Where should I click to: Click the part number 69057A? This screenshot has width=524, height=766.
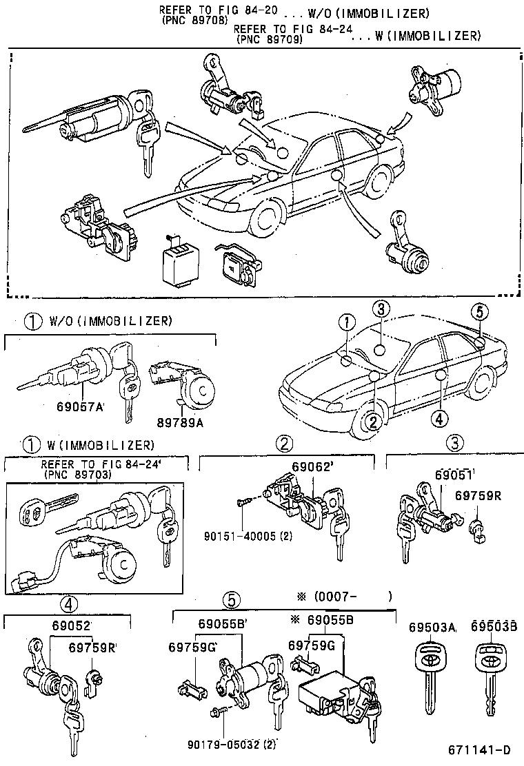click(80, 406)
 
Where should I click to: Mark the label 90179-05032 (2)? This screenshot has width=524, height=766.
click(232, 744)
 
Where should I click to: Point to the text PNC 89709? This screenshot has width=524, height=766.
click(269, 40)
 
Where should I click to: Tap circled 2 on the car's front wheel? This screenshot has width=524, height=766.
click(372, 423)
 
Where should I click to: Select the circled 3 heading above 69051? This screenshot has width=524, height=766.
click(453, 444)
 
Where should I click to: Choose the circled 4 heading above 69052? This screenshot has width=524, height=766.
click(68, 603)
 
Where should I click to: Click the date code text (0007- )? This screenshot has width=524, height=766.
click(352, 597)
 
